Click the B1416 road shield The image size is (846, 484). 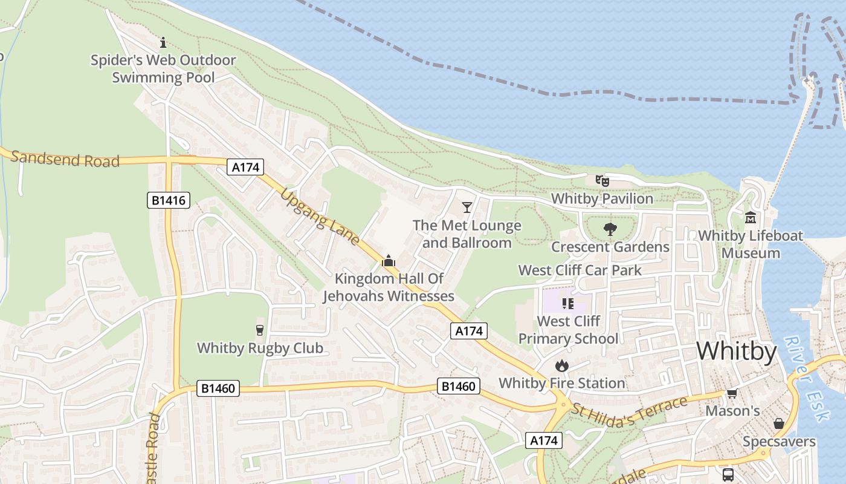169,200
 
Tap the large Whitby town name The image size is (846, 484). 737,351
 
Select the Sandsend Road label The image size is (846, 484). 65,159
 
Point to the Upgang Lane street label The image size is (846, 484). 320,215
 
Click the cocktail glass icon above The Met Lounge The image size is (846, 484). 467,208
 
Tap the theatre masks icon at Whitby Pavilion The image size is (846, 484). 602,180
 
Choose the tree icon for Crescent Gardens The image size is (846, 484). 610,229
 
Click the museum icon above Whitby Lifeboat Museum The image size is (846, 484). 751,217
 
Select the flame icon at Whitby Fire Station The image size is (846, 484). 561,365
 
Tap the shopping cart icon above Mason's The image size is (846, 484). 732,393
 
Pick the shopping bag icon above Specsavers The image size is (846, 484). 779,423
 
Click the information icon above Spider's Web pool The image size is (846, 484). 163,42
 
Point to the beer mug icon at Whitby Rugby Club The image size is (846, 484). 260,330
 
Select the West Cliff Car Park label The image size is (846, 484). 580,270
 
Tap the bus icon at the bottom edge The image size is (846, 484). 728,474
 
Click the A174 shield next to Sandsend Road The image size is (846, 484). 246,167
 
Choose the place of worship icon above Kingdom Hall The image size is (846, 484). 389,261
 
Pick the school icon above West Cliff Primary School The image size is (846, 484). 567,303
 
